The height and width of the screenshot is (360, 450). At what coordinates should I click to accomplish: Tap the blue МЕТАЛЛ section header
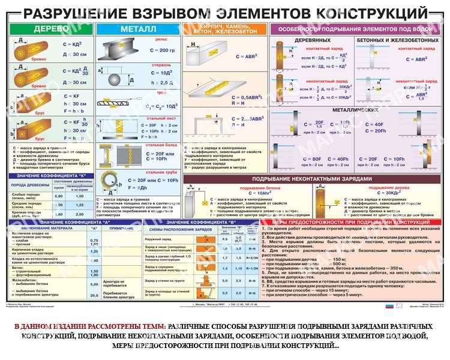[x=138, y=29]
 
